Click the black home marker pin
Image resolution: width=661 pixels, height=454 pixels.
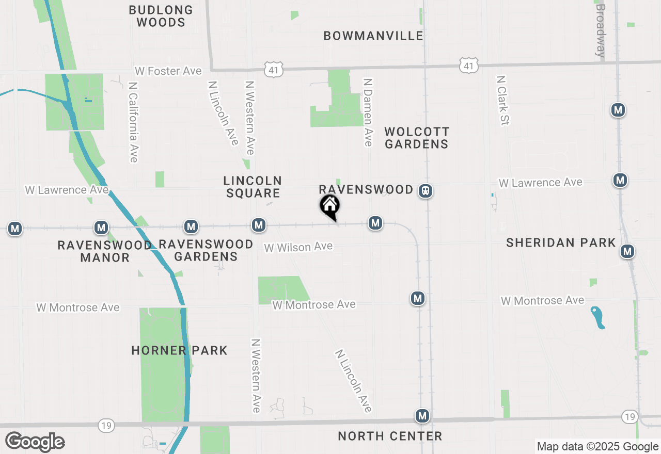coord(330,206)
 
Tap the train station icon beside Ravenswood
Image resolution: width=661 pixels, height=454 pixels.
coord(426,191)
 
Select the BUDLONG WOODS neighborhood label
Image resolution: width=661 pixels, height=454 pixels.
coord(161,16)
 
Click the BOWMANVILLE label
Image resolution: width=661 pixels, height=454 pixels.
coord(373,36)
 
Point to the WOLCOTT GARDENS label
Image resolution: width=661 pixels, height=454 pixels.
coord(417,138)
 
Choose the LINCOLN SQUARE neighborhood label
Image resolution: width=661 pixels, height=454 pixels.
coord(253,187)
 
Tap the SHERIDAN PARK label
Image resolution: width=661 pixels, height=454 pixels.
coord(561,242)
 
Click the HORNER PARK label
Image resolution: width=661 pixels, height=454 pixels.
coord(179,351)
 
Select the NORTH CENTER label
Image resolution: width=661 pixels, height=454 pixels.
coord(390,436)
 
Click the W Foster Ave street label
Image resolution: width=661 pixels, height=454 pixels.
coord(168,71)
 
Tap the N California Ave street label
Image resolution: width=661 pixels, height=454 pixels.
coord(133,122)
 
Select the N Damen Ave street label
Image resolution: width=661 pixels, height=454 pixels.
coord(368,112)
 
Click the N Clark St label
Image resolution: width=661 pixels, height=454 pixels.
coord(502,100)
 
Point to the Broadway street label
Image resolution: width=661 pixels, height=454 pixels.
coord(600,30)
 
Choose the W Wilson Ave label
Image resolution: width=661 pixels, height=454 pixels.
coord(298,247)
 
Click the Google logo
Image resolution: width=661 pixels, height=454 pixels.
coord(35,442)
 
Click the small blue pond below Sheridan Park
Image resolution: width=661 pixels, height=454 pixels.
coord(598,317)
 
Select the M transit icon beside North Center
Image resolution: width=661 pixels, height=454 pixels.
coord(422,416)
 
